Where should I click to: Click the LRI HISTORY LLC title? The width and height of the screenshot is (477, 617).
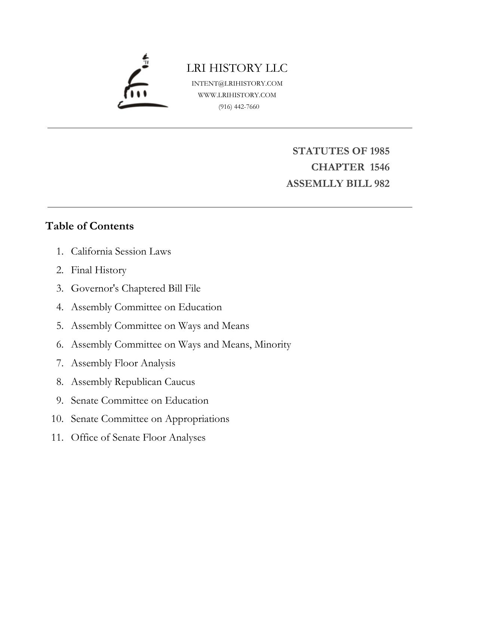point(237,68)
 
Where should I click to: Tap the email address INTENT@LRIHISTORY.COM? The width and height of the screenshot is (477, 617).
point(237,83)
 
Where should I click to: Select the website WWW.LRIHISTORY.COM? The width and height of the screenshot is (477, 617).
point(237,95)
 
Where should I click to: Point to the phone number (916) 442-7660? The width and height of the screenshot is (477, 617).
point(239,107)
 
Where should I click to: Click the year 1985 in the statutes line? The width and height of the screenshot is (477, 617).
point(379,151)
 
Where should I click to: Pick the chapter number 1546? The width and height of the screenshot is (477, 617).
point(379,167)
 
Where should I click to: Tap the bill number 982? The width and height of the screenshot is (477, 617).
point(381,183)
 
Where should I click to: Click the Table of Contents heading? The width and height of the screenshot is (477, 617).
point(89,226)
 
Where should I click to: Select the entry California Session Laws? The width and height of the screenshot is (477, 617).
point(121,251)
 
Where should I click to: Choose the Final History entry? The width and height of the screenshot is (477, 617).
point(99,270)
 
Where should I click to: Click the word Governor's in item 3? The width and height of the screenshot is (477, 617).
point(95,289)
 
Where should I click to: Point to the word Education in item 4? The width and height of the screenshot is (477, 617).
point(200,307)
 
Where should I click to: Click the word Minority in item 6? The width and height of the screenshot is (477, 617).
point(273,344)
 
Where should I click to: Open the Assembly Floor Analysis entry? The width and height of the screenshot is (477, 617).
point(123,363)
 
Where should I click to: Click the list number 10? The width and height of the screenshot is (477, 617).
point(57,419)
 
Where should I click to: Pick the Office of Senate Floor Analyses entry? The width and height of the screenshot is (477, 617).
point(138,437)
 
